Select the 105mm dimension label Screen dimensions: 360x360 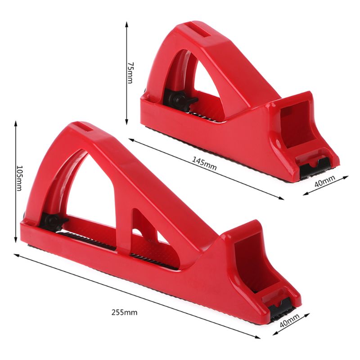click(x=19, y=177)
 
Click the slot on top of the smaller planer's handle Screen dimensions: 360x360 click(x=200, y=32)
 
